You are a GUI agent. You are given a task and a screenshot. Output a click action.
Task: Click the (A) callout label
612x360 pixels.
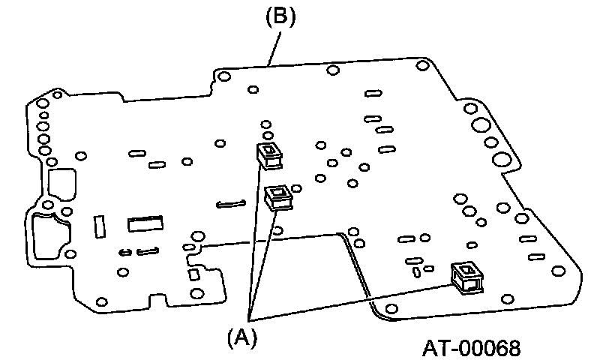pos(241,337)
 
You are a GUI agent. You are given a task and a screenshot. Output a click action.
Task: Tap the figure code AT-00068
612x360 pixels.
pos(470,348)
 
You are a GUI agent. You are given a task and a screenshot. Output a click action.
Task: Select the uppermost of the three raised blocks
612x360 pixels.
pos(269,154)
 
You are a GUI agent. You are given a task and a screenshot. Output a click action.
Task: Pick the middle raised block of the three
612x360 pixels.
pos(279,197)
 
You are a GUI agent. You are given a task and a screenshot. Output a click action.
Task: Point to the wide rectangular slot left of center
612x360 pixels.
pos(145,223)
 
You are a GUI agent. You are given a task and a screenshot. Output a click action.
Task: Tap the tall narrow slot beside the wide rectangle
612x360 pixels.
pos(98,226)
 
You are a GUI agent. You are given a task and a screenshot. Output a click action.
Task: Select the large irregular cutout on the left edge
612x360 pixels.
pos(49,238)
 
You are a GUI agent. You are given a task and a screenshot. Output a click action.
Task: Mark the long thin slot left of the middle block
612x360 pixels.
pos(230,203)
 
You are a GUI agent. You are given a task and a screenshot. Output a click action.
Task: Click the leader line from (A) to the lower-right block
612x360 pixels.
pos(352,301)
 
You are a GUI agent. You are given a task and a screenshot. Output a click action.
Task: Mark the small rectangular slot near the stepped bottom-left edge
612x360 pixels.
pos(194,275)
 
